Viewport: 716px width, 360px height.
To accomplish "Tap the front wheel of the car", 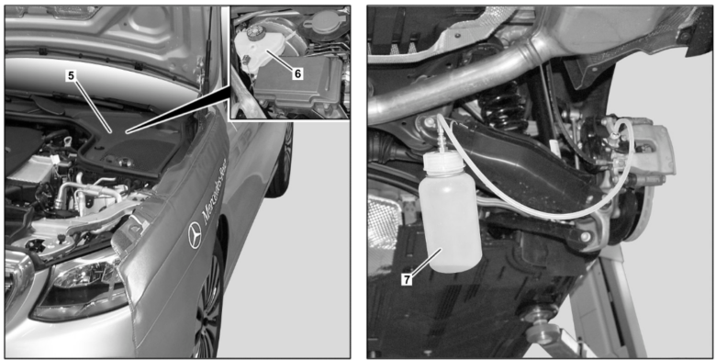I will [x=209, y=303].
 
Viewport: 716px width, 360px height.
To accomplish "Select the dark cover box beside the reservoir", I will [x=308, y=92].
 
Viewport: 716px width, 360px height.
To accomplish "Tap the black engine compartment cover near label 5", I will [x=138, y=147].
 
